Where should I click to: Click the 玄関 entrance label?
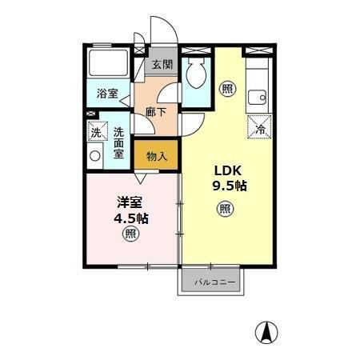pyautogui.click(x=162, y=65)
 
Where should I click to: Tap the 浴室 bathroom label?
pyautogui.click(x=106, y=94)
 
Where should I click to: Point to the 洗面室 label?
pyautogui.click(x=118, y=142)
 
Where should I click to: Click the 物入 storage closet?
pyautogui.click(x=156, y=156)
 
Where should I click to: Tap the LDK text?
pyautogui.click(x=226, y=170)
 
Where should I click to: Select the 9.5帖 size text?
pyautogui.click(x=229, y=186)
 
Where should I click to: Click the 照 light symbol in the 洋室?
pyautogui.click(x=130, y=234)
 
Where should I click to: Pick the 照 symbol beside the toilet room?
pyautogui.click(x=228, y=88)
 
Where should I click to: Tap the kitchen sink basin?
pyautogui.click(x=257, y=98)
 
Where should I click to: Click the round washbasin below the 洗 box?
pyautogui.click(x=96, y=156)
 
